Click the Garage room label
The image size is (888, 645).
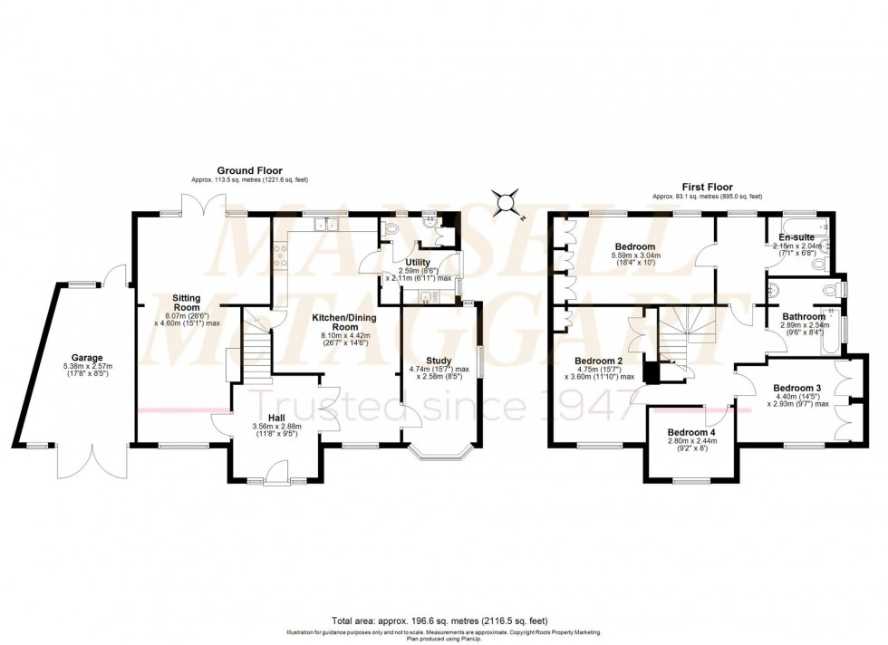(x=88, y=358)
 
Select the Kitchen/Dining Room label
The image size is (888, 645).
(x=333, y=322)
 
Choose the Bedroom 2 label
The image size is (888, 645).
(x=599, y=360)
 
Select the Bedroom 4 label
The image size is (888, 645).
(x=691, y=433)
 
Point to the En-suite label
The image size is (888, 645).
(x=785, y=237)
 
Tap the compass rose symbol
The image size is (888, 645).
(x=508, y=203)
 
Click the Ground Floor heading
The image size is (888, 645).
(x=249, y=170)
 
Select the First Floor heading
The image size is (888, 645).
(x=708, y=186)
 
